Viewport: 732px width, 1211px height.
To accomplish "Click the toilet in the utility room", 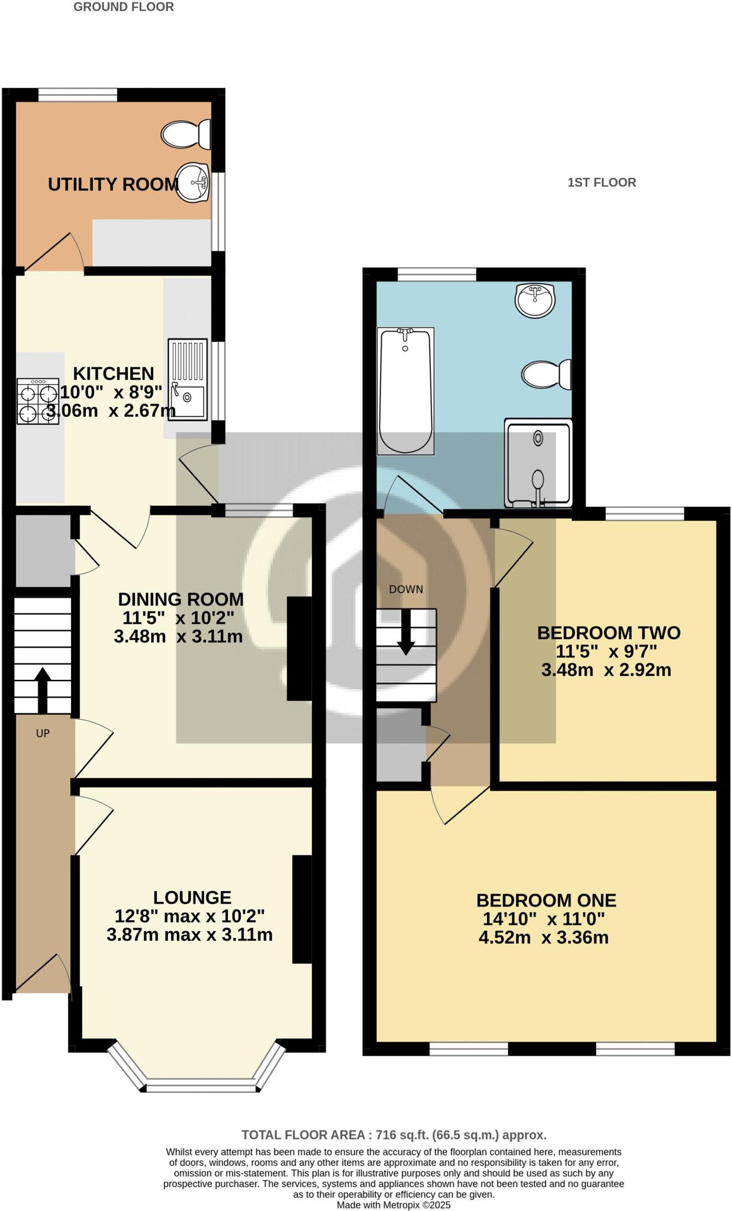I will click(186, 134).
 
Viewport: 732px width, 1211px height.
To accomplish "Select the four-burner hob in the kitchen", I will click(38, 401).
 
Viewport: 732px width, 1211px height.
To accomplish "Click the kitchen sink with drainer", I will click(188, 380).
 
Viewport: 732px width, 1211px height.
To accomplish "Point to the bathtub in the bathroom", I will click(405, 391).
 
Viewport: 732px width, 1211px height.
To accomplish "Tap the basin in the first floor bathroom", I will click(535, 300).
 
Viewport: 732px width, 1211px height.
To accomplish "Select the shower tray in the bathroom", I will click(538, 464).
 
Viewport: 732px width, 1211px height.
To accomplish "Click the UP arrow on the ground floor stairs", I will click(43, 689).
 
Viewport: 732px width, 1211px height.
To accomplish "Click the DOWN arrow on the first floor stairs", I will click(406, 632).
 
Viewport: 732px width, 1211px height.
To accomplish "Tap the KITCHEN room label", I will click(114, 374).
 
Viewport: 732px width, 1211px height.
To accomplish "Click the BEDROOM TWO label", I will click(608, 633).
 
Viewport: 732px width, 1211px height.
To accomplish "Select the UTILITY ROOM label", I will click(113, 184).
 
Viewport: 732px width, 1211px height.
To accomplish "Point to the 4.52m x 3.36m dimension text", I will click(543, 938).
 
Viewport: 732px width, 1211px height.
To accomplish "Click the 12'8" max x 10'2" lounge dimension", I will click(189, 916).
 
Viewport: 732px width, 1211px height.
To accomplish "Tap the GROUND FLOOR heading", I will click(124, 7).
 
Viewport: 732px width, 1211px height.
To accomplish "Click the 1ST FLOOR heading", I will click(602, 183).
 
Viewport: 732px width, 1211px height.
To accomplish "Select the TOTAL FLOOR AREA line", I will click(394, 1135).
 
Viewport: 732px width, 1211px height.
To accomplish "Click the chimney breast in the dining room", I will click(299, 649).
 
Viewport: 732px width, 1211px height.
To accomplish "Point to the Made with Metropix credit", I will click(394, 1204).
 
